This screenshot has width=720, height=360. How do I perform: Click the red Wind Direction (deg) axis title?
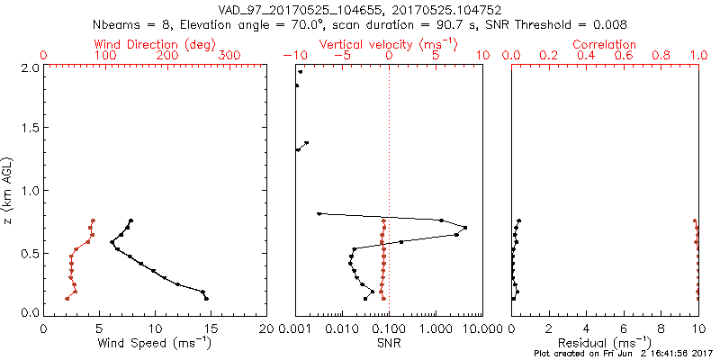(155, 44)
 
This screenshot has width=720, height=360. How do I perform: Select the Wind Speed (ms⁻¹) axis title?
(155, 344)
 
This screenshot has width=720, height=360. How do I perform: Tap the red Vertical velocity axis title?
(388, 44)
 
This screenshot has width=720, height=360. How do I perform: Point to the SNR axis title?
(388, 344)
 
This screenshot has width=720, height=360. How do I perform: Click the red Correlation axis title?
(605, 44)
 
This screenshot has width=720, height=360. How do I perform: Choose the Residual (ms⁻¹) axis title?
(605, 344)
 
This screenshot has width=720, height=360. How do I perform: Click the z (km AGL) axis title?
(9, 189)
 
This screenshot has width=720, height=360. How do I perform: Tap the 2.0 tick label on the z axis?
(30, 67)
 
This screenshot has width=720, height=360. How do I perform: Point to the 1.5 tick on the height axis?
(30, 129)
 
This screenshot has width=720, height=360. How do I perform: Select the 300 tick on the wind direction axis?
(230, 56)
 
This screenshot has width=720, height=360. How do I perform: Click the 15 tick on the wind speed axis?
(211, 328)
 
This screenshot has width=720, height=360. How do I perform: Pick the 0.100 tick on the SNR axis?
(388, 328)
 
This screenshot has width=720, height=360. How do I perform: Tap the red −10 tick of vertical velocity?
(295, 56)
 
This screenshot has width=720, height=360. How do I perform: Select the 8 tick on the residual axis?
(661, 328)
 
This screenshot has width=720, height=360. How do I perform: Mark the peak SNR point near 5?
(464, 227)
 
